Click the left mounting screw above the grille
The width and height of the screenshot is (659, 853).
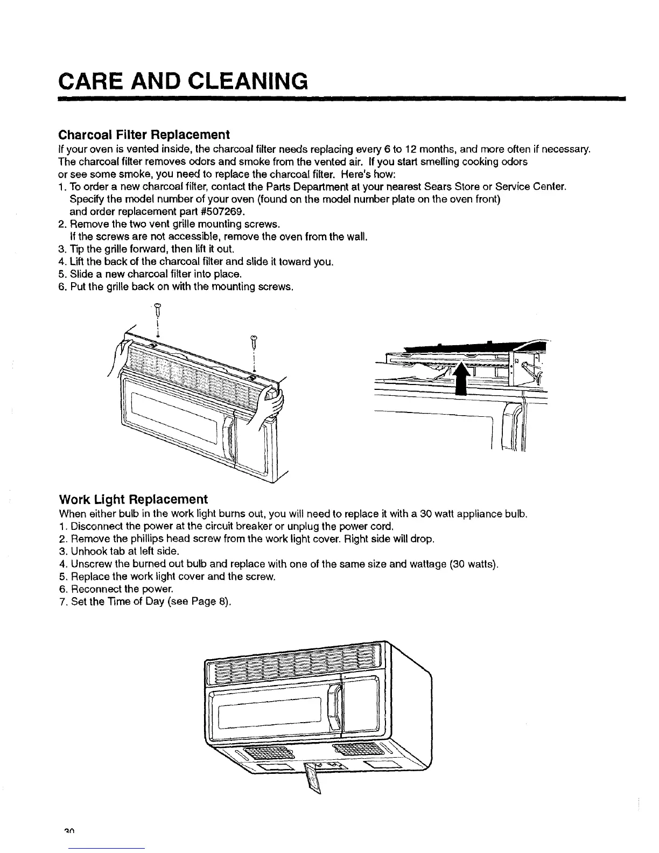(x=158, y=310)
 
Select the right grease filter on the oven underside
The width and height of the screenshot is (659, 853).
(x=350, y=749)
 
